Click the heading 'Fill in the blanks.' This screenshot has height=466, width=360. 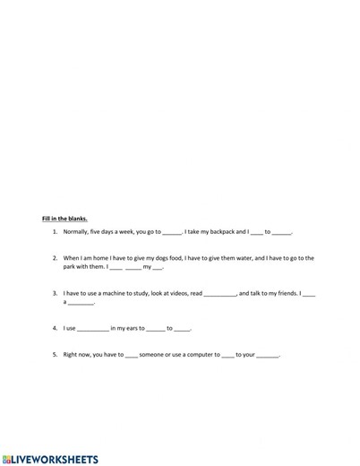pos(64,218)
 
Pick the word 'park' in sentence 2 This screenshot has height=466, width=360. pos(72,266)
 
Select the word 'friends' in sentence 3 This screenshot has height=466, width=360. pos(283,293)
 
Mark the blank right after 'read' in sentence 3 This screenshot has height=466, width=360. pos(219,294)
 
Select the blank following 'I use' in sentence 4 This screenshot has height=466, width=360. pos(92,329)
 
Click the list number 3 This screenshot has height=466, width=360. pos(56,293)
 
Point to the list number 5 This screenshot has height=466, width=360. pos(56,354)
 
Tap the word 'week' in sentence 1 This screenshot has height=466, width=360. pos(127,231)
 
